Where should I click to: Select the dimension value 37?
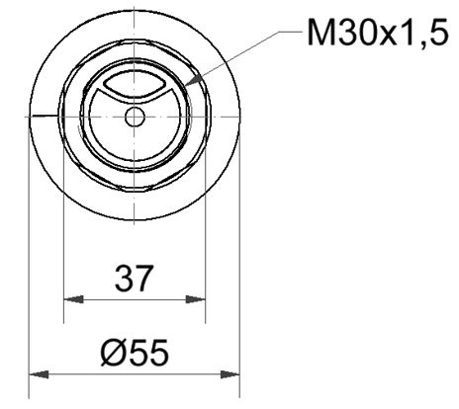tap(134, 279)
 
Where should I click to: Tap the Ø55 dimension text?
tap(134, 354)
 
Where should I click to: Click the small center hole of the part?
tap(135, 117)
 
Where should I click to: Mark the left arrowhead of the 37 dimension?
tap(70, 299)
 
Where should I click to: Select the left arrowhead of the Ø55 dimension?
tap(36, 374)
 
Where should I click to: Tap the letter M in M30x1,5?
tap(321, 37)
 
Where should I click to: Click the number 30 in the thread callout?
tap(354, 37)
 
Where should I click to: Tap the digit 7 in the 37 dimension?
tap(145, 279)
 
